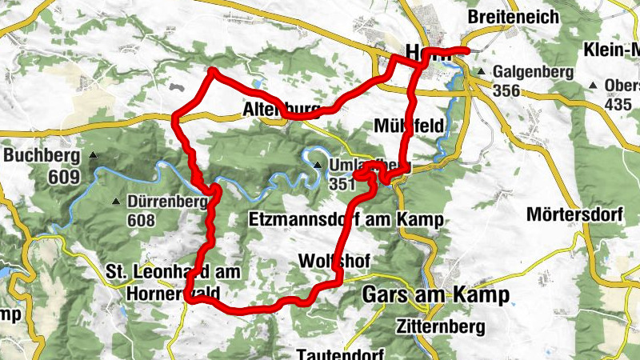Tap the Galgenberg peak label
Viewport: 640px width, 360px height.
click(x=534, y=72)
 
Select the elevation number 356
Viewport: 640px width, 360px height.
click(x=508, y=90)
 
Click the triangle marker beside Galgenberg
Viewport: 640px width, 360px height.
click(x=482, y=72)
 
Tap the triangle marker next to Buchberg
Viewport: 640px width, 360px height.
click(x=93, y=155)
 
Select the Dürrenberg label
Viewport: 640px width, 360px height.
click(x=167, y=202)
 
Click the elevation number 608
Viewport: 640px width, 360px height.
click(x=140, y=220)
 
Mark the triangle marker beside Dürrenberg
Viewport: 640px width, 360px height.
click(x=117, y=202)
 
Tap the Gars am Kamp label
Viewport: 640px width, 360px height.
click(x=435, y=294)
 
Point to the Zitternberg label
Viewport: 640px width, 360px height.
click(x=441, y=326)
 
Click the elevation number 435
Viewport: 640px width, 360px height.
click(x=618, y=104)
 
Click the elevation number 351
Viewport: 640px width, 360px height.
click(x=343, y=184)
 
